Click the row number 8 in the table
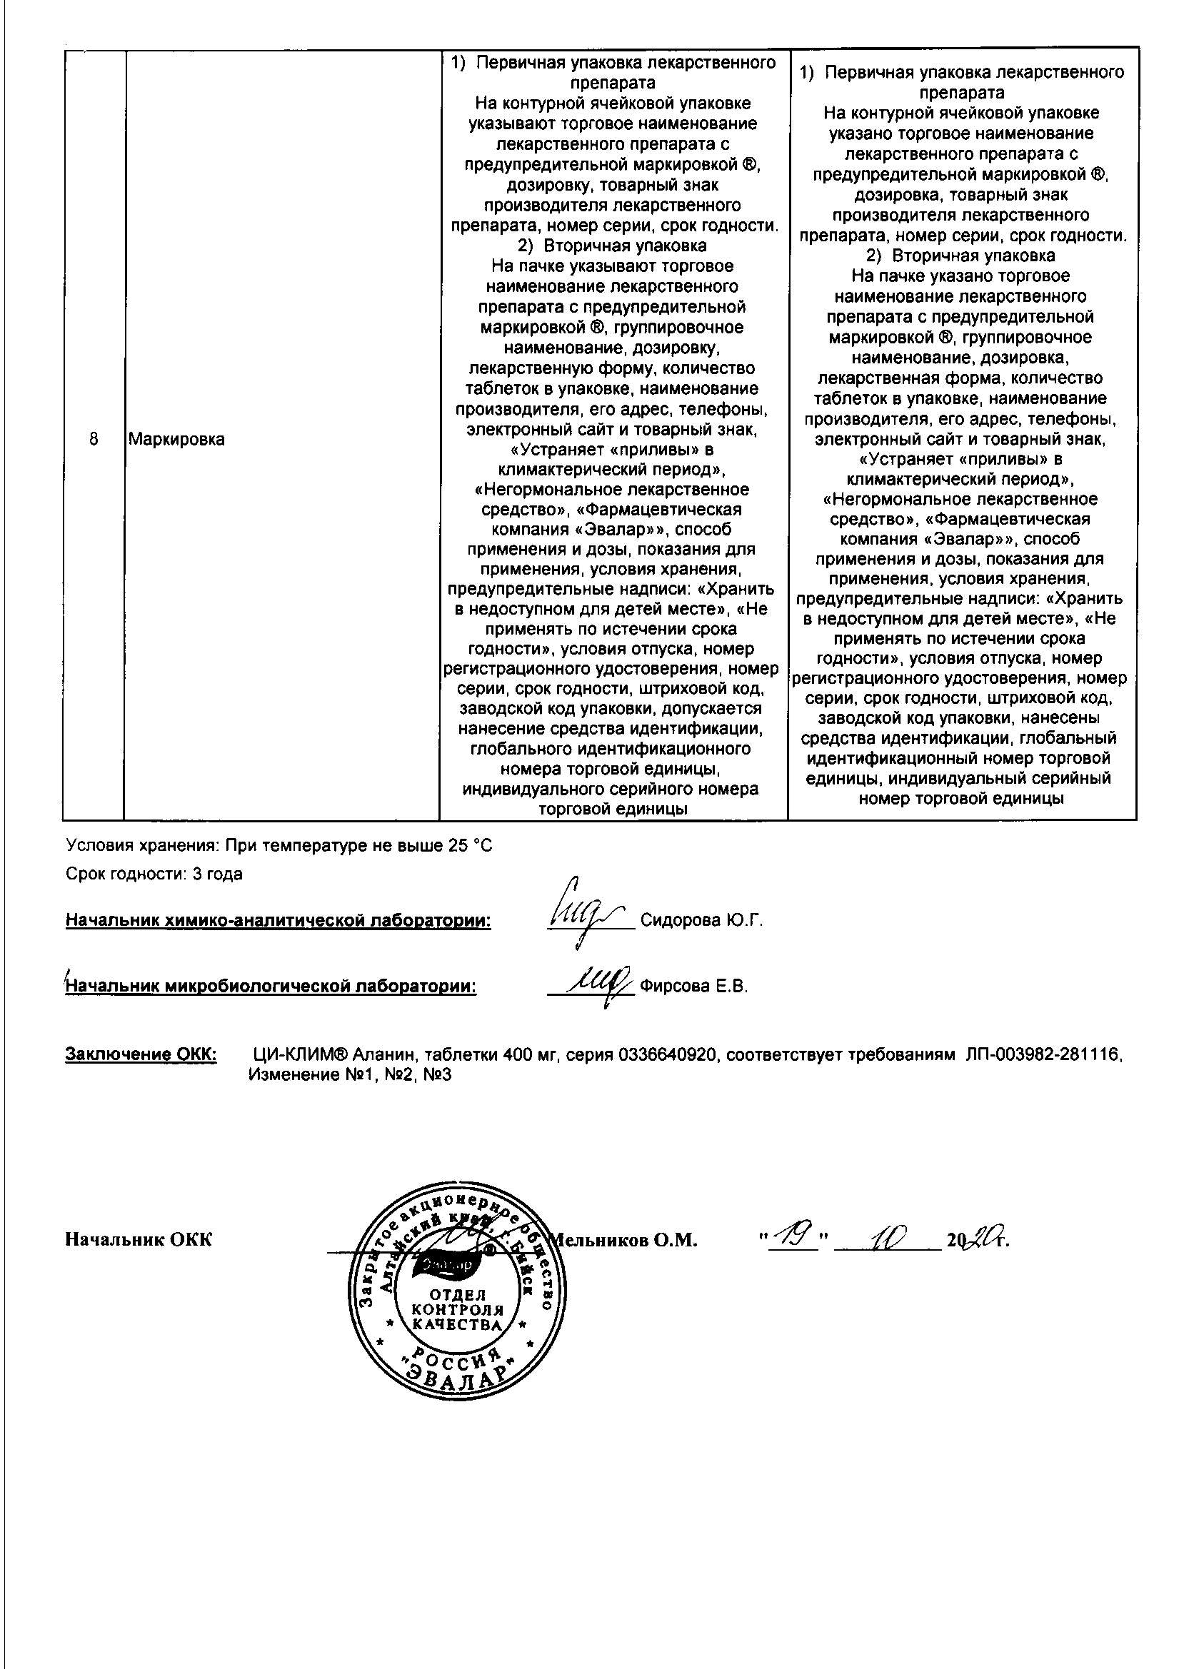94,440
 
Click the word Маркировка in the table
176,440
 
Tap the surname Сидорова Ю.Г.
701,921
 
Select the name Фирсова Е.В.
694,987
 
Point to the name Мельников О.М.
626,1240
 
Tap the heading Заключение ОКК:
141,1054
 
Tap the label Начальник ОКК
139,1240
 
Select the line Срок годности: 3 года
154,874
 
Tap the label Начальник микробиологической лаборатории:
271,987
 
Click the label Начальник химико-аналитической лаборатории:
278,921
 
